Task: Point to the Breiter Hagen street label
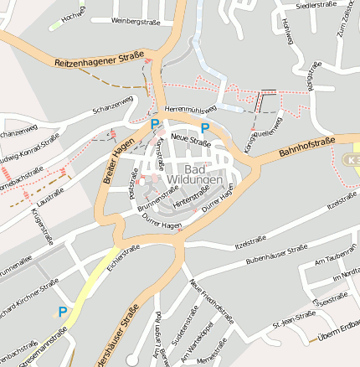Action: [118, 159]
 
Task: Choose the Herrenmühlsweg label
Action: [190, 109]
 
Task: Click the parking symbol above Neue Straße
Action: [205, 127]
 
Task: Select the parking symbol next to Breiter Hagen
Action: [154, 123]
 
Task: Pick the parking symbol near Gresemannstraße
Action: [62, 311]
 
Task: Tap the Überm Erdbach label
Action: [338, 333]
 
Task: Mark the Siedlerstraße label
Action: [316, 6]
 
